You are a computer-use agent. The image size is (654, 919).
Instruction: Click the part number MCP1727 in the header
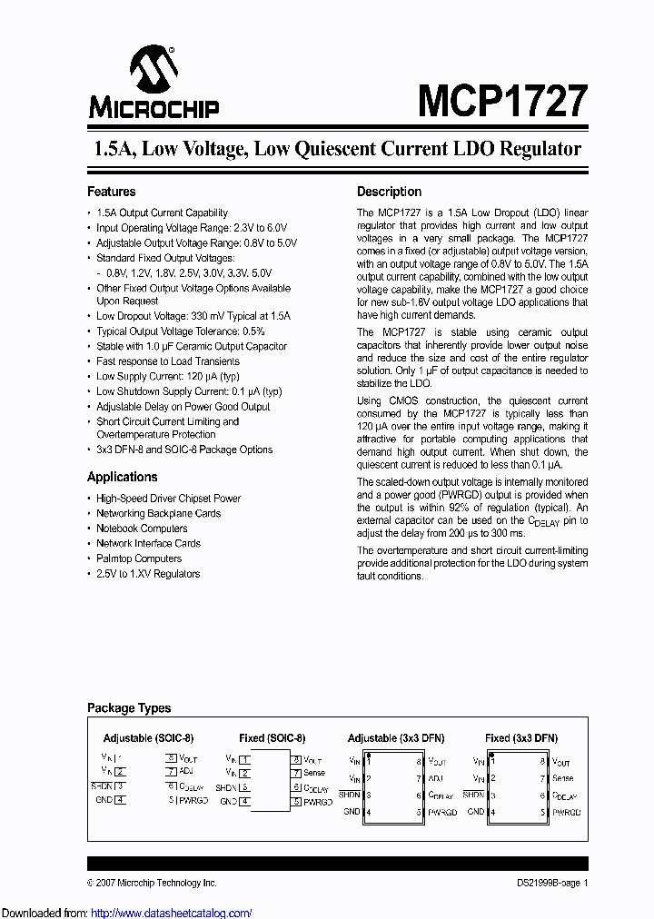[502, 100]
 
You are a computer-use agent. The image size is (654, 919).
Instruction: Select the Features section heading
[111, 192]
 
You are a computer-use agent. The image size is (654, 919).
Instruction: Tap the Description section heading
[389, 192]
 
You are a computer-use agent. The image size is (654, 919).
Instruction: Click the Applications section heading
[122, 477]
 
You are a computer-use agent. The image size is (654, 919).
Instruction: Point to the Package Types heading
[128, 708]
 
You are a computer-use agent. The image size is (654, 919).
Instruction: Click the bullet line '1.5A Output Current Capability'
[162, 212]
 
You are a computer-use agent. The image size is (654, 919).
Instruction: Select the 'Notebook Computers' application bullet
[142, 529]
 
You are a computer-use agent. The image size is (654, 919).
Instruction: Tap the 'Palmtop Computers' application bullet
[139, 558]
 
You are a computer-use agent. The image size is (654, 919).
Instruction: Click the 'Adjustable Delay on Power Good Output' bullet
[183, 407]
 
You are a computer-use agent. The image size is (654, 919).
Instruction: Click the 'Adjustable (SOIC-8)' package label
[148, 738]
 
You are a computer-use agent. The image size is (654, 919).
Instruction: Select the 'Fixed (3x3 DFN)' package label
[521, 738]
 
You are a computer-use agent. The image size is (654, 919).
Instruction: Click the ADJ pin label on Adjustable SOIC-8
[186, 772]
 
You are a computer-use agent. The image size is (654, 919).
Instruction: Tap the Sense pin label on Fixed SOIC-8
[313, 773]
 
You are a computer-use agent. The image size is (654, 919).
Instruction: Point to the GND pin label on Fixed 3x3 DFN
[475, 811]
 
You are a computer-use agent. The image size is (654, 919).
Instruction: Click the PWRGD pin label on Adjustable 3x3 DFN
[442, 812]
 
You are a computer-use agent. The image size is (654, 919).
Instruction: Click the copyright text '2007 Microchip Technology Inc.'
[155, 883]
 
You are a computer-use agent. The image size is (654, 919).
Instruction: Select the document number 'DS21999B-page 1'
[547, 883]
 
